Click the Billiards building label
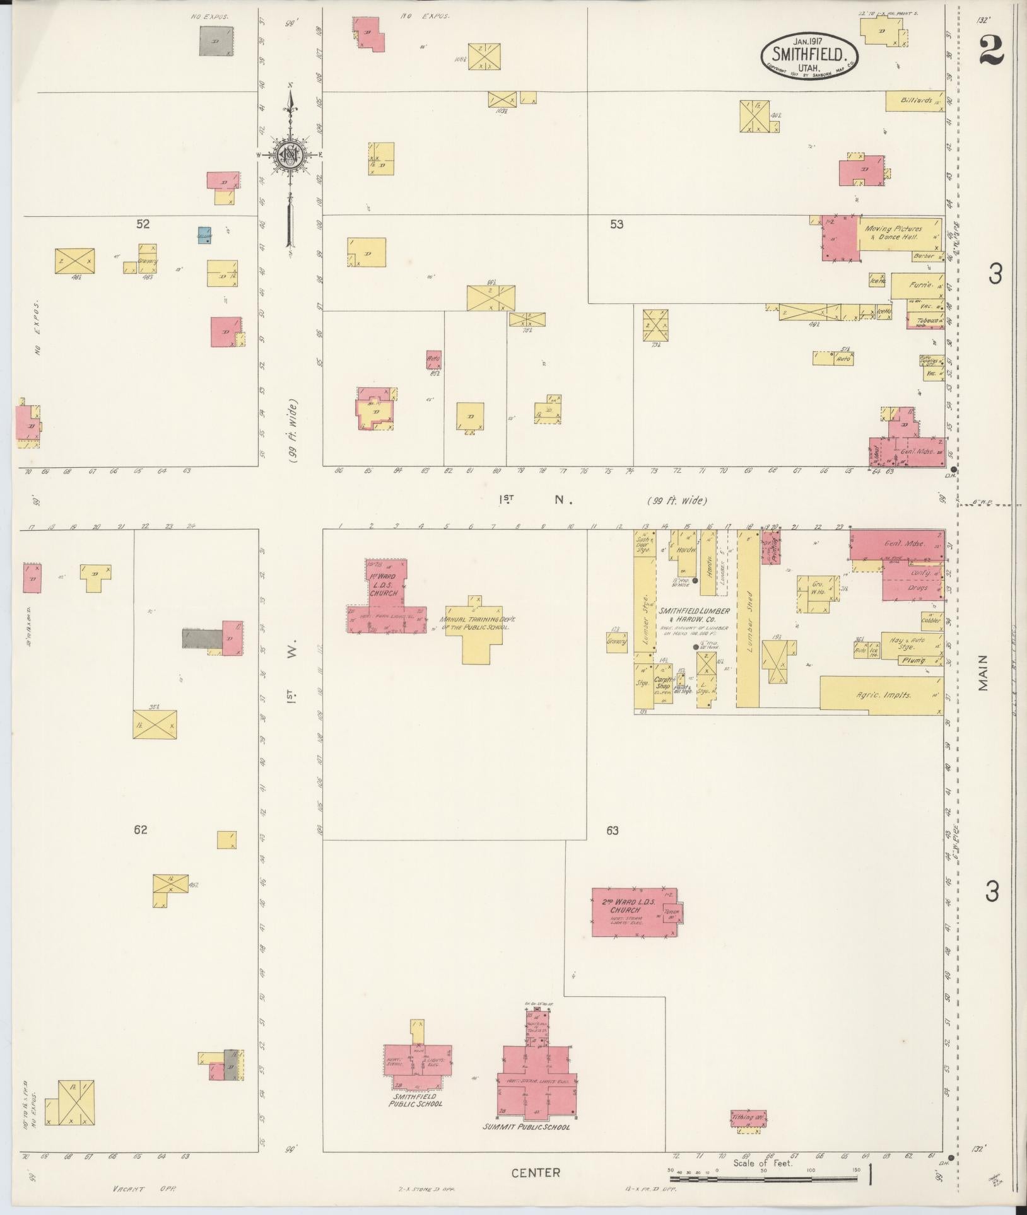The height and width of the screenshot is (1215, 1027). click(x=915, y=101)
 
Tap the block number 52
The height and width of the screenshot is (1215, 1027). click(x=143, y=224)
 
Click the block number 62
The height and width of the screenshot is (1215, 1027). click(x=140, y=830)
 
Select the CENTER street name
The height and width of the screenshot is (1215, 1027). click(x=536, y=1172)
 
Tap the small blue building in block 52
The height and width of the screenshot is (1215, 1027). click(x=204, y=235)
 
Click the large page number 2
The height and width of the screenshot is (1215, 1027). click(x=992, y=50)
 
